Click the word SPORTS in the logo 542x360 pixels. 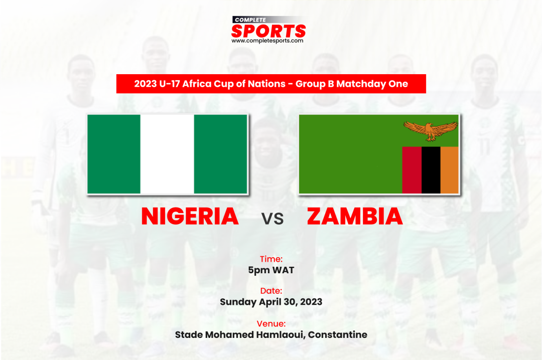268,31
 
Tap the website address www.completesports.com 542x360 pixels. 267,41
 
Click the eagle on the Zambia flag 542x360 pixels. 431,131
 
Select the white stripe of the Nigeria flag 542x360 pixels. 167,154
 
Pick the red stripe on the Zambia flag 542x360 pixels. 412,170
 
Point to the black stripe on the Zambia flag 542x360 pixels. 431,170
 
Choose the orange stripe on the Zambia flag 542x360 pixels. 449,170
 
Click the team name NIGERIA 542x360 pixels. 190,216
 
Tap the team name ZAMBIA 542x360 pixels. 355,216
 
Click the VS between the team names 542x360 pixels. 273,219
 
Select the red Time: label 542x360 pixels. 272,259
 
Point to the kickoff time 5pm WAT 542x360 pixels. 272,270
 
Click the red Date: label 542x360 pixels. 272,291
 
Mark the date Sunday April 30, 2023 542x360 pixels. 272,302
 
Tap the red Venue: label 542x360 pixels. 272,324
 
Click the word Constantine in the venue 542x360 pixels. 338,335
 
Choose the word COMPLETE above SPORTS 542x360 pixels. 250,20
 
